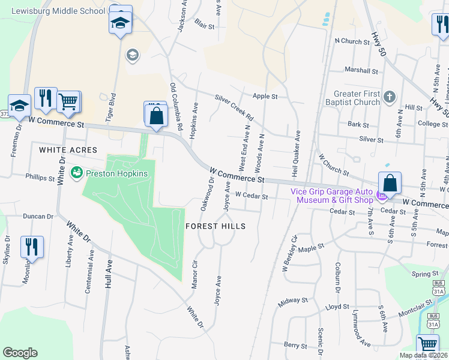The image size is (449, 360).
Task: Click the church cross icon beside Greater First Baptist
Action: [389, 97]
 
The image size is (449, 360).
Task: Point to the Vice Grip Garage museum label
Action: [331, 195]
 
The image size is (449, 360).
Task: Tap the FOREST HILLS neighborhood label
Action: [215, 226]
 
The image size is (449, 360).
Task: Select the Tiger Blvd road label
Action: [110, 109]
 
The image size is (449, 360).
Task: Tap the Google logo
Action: [20, 353]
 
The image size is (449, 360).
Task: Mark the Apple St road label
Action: [265, 96]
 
